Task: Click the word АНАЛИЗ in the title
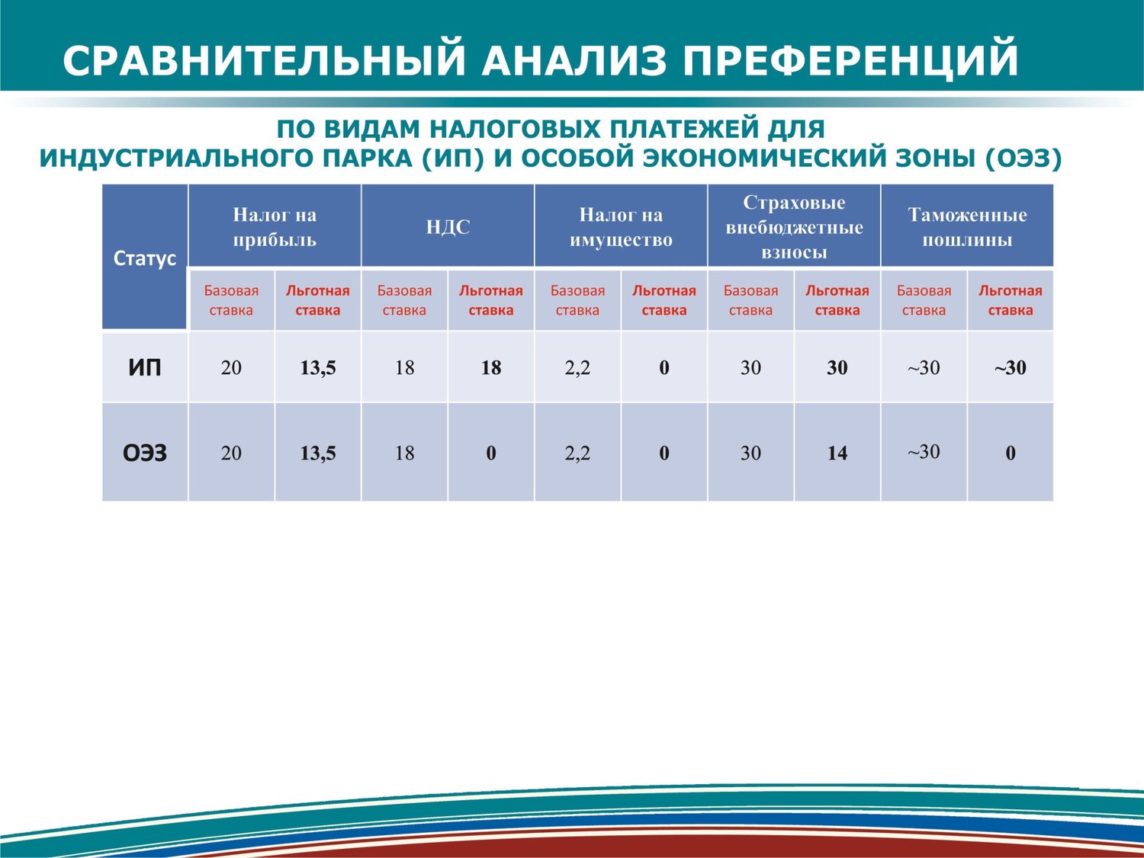click(x=574, y=60)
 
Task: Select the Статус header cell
click(x=144, y=258)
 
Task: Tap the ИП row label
click(x=144, y=368)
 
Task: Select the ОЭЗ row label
click(x=144, y=453)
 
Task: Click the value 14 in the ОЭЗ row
click(x=837, y=453)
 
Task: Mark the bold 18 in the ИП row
click(x=491, y=368)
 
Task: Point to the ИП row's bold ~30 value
click(x=1010, y=368)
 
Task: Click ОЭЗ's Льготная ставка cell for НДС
click(x=491, y=453)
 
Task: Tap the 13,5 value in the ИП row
click(x=318, y=368)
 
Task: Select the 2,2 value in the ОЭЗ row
click(x=577, y=453)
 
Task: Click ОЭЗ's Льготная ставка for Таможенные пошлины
click(x=1010, y=453)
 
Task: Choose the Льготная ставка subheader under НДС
click(x=491, y=300)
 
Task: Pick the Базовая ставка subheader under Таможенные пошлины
click(x=924, y=300)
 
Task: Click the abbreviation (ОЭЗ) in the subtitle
click(x=1023, y=158)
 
